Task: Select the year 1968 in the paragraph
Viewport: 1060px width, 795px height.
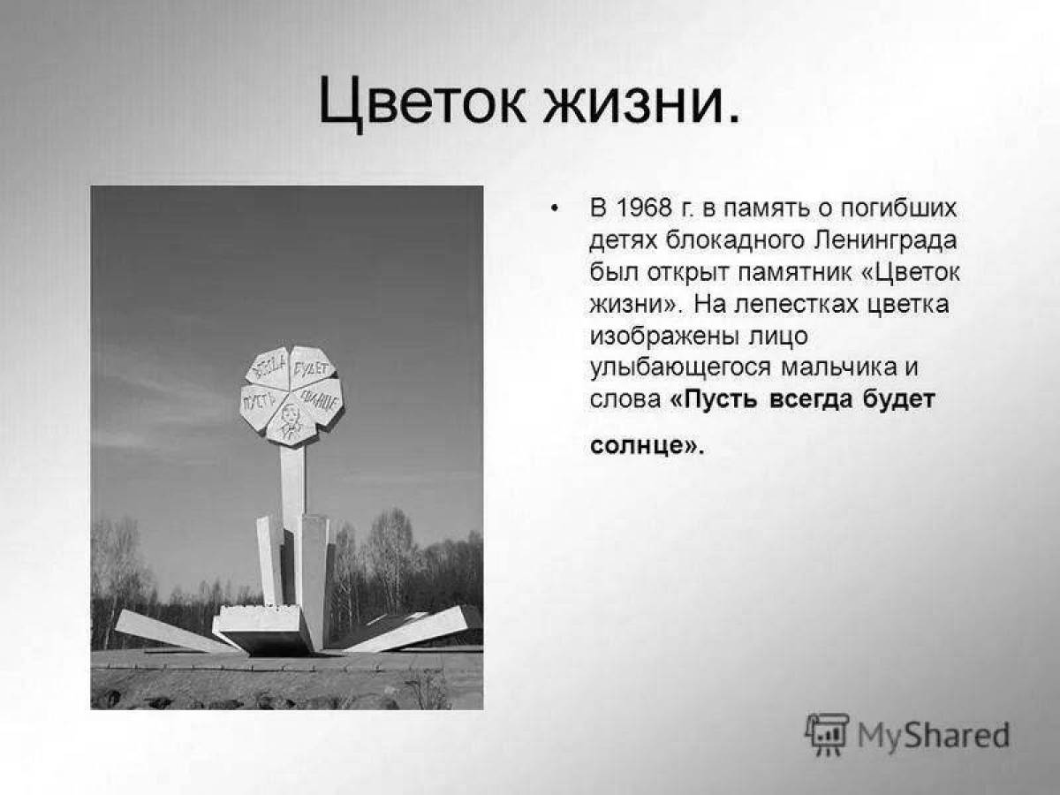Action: click(645, 208)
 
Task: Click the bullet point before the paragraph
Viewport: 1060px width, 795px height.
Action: click(555, 209)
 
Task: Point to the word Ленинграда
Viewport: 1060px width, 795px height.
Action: click(885, 241)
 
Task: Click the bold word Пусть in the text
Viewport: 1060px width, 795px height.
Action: click(714, 399)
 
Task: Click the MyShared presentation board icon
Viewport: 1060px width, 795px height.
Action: click(827, 735)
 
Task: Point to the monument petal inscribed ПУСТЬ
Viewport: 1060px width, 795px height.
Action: click(261, 404)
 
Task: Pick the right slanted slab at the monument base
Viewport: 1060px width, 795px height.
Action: click(405, 628)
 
